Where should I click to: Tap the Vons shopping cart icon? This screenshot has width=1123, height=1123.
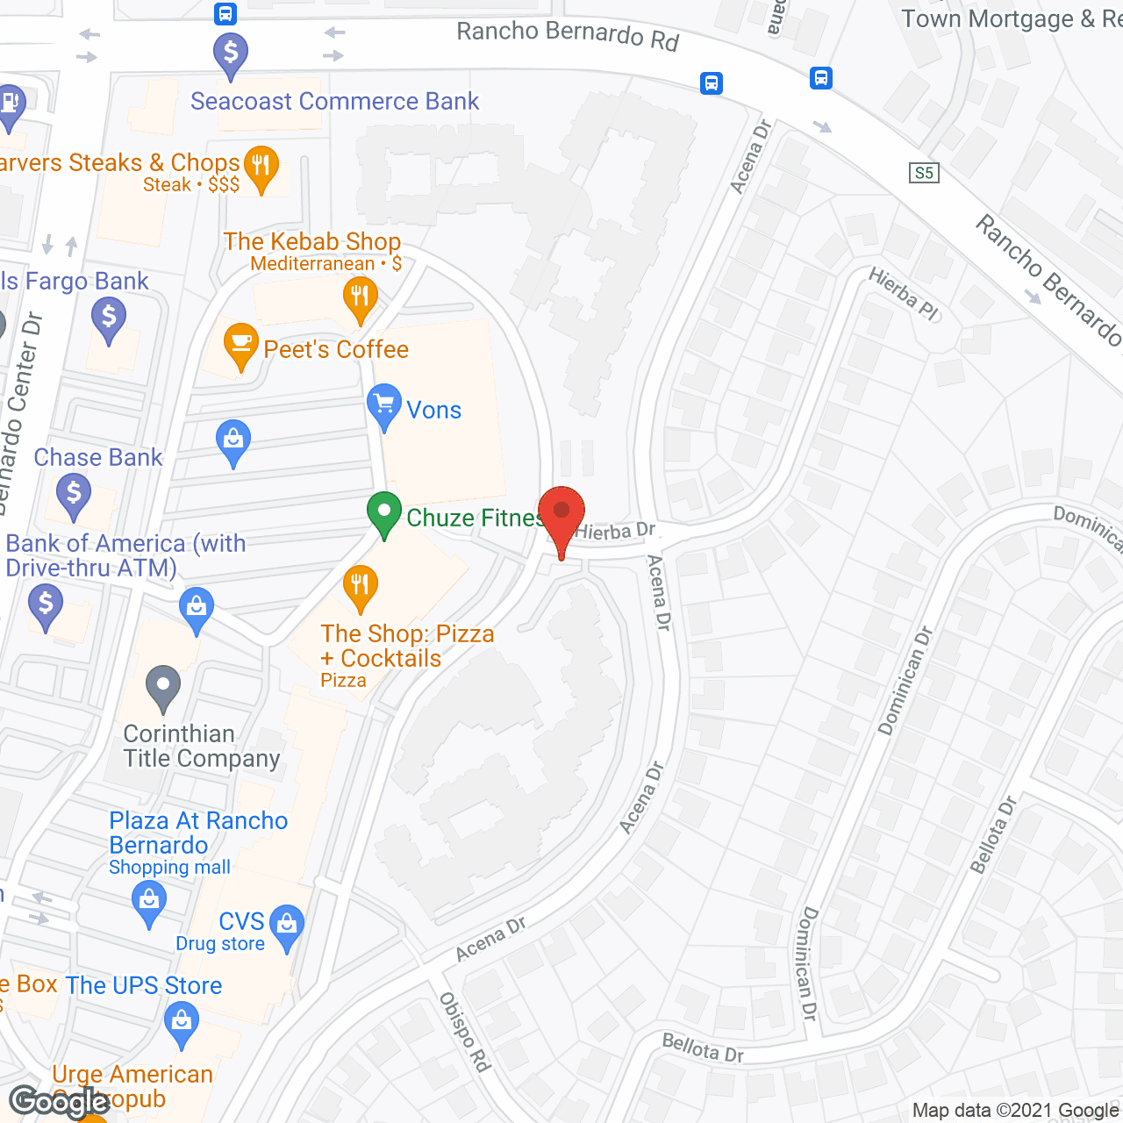pyautogui.click(x=383, y=405)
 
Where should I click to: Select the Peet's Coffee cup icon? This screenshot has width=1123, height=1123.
pyautogui.click(x=240, y=345)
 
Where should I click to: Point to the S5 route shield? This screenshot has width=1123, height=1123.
pyautogui.click(x=924, y=173)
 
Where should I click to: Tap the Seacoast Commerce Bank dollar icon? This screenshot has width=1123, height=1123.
pyautogui.click(x=231, y=54)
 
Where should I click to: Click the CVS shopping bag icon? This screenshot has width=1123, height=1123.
pyautogui.click(x=287, y=926)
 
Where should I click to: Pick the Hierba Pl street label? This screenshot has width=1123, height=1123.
pyautogui.click(x=904, y=294)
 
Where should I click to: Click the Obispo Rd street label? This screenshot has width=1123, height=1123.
pyautogui.click(x=464, y=1032)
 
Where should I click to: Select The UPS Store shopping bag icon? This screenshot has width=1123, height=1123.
pyautogui.click(x=182, y=1024)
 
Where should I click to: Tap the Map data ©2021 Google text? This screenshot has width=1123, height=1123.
pyautogui.click(x=1016, y=1111)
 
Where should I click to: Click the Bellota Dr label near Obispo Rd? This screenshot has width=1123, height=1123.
pyautogui.click(x=703, y=1048)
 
